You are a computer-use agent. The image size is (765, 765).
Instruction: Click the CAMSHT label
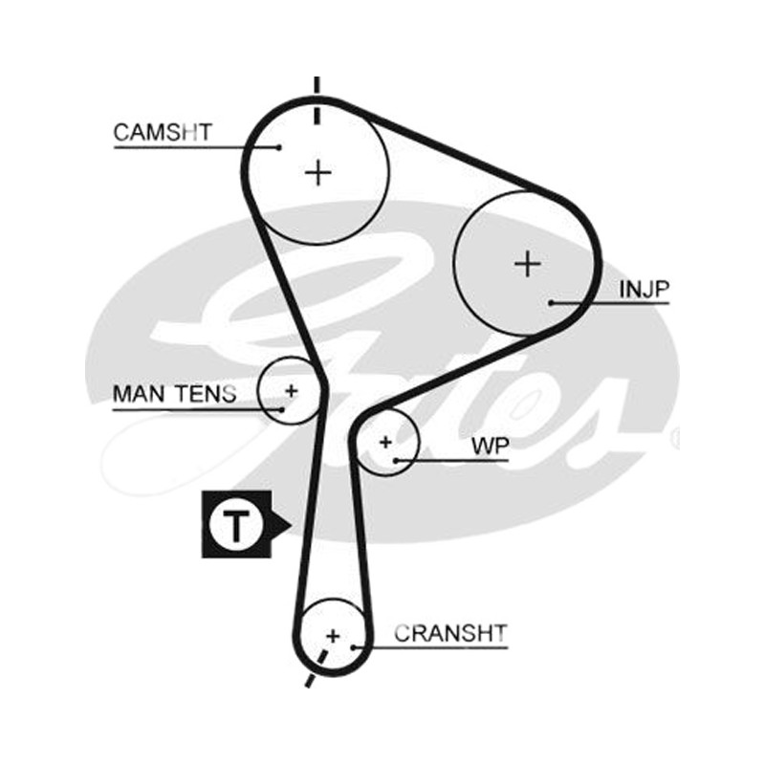click(163, 132)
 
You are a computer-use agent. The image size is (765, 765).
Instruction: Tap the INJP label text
click(644, 290)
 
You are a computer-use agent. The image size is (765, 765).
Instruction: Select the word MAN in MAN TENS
click(141, 394)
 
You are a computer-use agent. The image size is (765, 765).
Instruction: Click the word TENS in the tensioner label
click(207, 394)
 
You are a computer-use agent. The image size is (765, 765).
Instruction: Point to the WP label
click(491, 446)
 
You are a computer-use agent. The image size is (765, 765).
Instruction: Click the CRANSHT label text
click(450, 633)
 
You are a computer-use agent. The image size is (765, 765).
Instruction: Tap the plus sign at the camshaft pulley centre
click(318, 173)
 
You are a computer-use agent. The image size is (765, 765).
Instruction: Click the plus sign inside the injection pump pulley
click(528, 264)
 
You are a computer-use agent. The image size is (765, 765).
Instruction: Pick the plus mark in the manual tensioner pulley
click(292, 391)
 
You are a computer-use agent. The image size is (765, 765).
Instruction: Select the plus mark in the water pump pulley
click(385, 443)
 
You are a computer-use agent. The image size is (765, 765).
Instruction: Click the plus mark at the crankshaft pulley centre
click(333, 636)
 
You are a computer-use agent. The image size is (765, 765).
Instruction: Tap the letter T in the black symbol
click(236, 525)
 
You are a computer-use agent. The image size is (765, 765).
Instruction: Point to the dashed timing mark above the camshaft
click(317, 100)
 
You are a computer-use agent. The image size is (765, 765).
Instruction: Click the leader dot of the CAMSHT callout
click(279, 147)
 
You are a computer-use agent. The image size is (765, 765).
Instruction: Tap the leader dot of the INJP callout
click(551, 303)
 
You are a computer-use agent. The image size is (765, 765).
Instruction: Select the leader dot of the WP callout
click(396, 461)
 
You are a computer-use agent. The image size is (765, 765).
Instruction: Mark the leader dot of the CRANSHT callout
click(353, 647)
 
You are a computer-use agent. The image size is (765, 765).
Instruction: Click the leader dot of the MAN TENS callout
click(281, 410)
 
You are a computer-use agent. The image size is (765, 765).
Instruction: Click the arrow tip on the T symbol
click(292, 525)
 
